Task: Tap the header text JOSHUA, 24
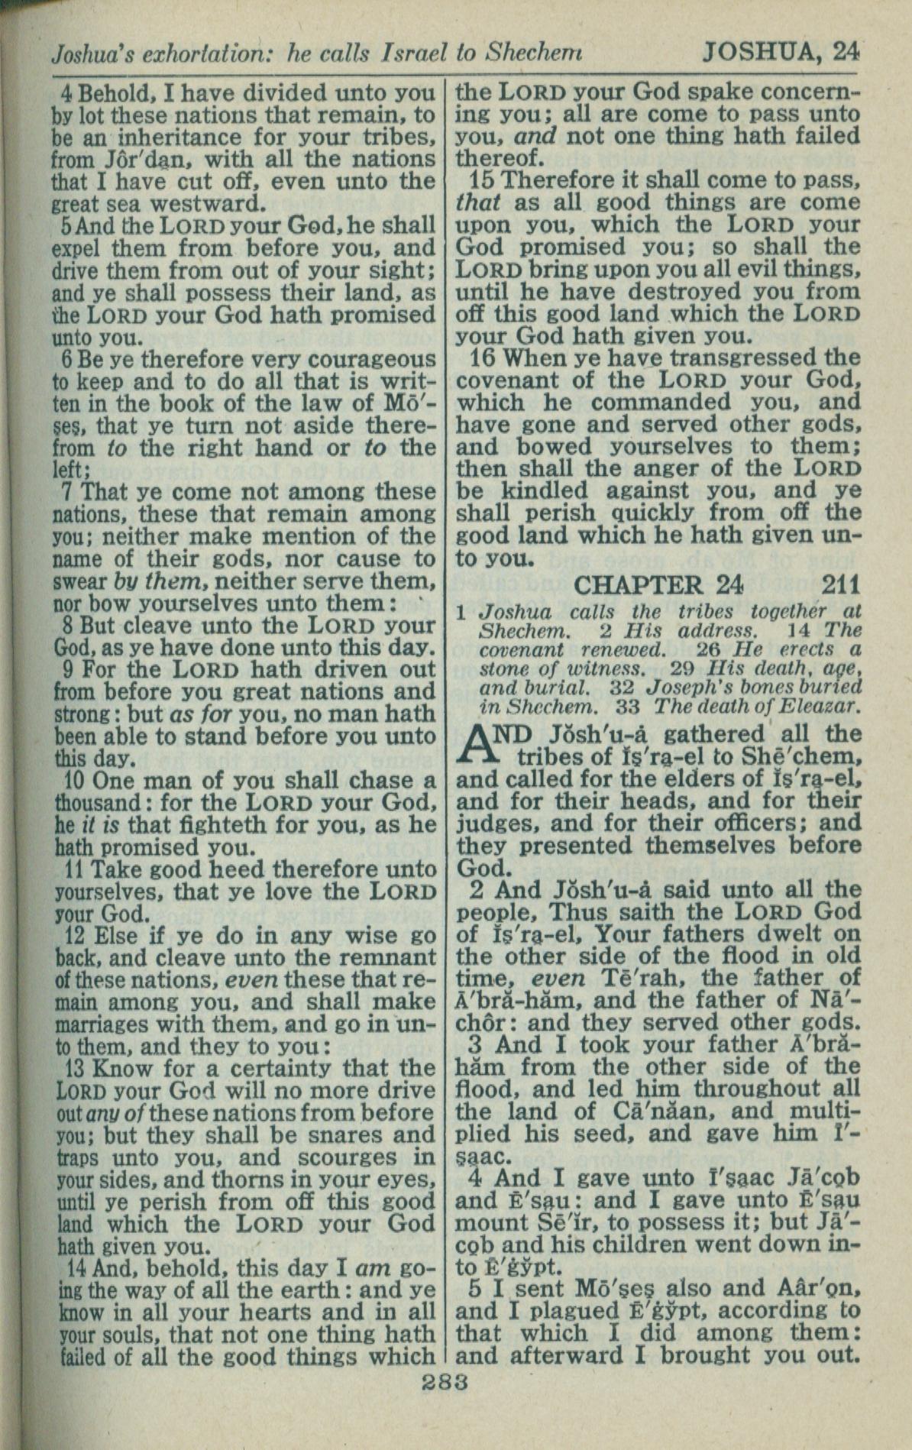tap(781, 51)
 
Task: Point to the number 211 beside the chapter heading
tap(842, 585)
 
